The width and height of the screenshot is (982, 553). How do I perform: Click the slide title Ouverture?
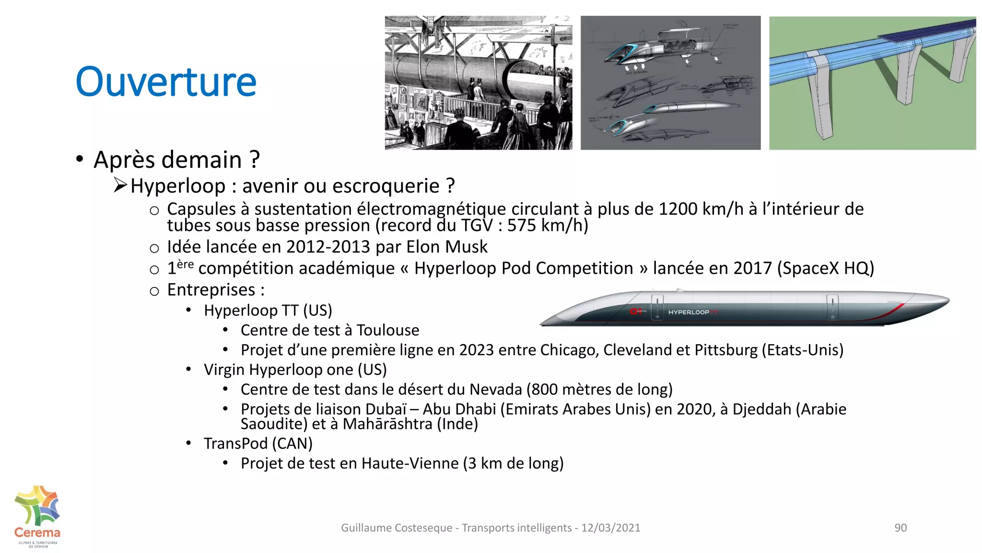point(166,82)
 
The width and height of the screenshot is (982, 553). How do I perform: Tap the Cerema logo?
point(37,516)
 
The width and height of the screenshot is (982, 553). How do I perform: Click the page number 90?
point(900,528)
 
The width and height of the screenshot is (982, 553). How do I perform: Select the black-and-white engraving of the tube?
point(478,83)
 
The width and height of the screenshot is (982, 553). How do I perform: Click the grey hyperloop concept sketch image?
point(670,83)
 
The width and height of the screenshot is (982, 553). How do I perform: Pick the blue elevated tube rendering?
point(872,83)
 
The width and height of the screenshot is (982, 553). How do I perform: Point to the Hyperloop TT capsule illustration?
point(745,308)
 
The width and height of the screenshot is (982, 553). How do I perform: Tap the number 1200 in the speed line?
point(678,209)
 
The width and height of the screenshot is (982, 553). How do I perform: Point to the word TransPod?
point(235,444)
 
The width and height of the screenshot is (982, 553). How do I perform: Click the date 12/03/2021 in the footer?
point(610,528)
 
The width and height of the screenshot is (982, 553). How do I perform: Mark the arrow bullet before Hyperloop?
point(120,185)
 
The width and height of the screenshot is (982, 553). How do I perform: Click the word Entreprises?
point(211,290)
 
